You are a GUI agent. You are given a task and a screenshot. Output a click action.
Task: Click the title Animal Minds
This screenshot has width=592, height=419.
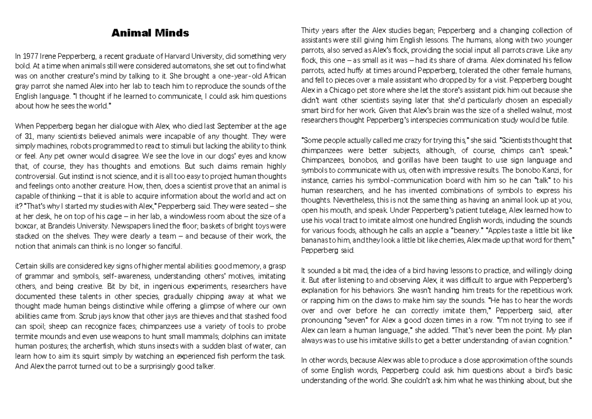[x=150, y=34]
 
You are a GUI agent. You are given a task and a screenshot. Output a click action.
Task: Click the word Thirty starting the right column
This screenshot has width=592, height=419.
[x=311, y=31]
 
